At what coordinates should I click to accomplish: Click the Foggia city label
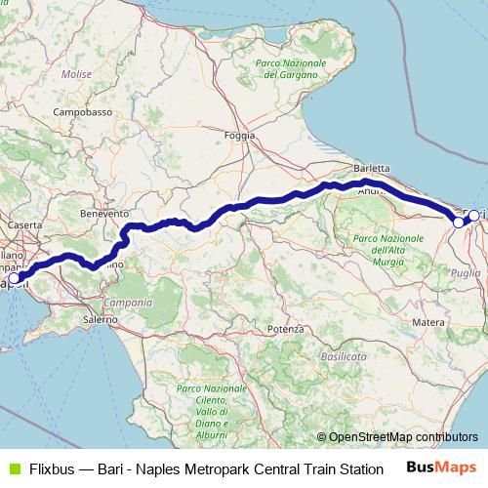coord(239,136)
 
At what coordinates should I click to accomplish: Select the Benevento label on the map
coord(104,212)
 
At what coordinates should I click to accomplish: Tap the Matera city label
coord(429,321)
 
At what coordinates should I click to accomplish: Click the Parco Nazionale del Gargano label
coord(289,67)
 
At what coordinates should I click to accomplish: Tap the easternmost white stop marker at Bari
coord(474,216)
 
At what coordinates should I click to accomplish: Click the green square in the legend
coord(14,468)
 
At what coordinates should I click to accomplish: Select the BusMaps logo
coord(440,467)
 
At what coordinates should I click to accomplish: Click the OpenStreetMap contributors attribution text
coord(401,437)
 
